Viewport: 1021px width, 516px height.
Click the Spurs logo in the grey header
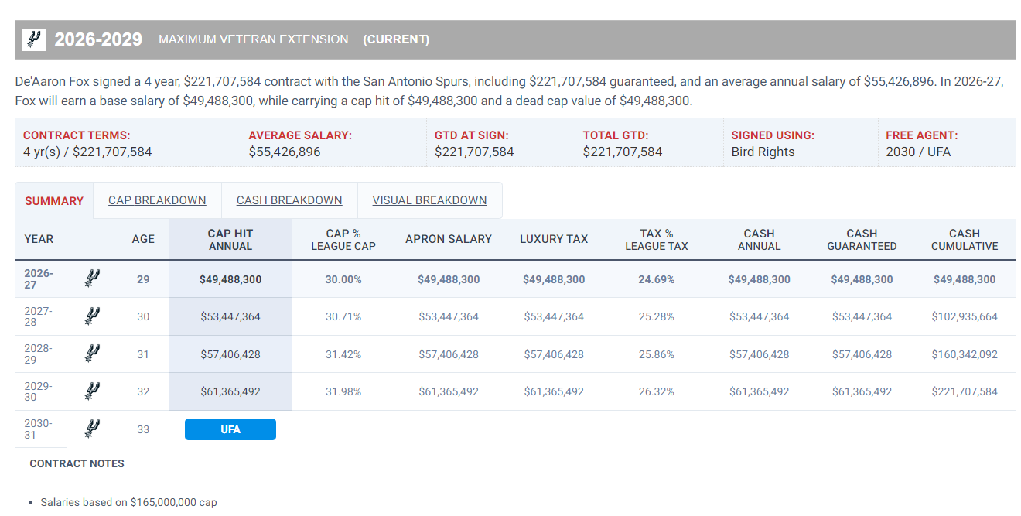point(34,39)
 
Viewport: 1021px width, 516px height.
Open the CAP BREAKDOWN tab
point(157,200)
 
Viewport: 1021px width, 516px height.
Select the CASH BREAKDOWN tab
point(289,200)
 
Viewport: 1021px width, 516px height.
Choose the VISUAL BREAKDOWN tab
point(430,200)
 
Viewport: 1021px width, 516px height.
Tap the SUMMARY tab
point(54,201)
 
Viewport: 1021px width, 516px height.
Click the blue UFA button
point(230,429)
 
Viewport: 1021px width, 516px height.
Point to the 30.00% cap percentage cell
point(343,279)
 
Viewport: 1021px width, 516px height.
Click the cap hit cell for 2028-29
point(230,354)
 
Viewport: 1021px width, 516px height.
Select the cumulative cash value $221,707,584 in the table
point(965,391)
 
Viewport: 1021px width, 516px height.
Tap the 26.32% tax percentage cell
point(657,391)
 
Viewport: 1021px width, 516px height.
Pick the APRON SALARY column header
point(449,239)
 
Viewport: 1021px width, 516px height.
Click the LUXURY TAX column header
point(554,239)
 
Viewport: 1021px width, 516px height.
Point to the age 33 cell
point(143,429)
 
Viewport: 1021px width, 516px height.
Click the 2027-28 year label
point(38,316)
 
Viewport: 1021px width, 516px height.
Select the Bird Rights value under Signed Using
point(763,152)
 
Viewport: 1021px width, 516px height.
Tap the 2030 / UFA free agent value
point(918,152)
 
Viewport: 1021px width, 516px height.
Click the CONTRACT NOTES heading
point(77,463)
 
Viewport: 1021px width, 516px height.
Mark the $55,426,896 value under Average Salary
point(285,152)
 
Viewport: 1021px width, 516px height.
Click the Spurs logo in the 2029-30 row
point(92,391)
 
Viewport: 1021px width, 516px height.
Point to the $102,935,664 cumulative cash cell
point(965,316)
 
